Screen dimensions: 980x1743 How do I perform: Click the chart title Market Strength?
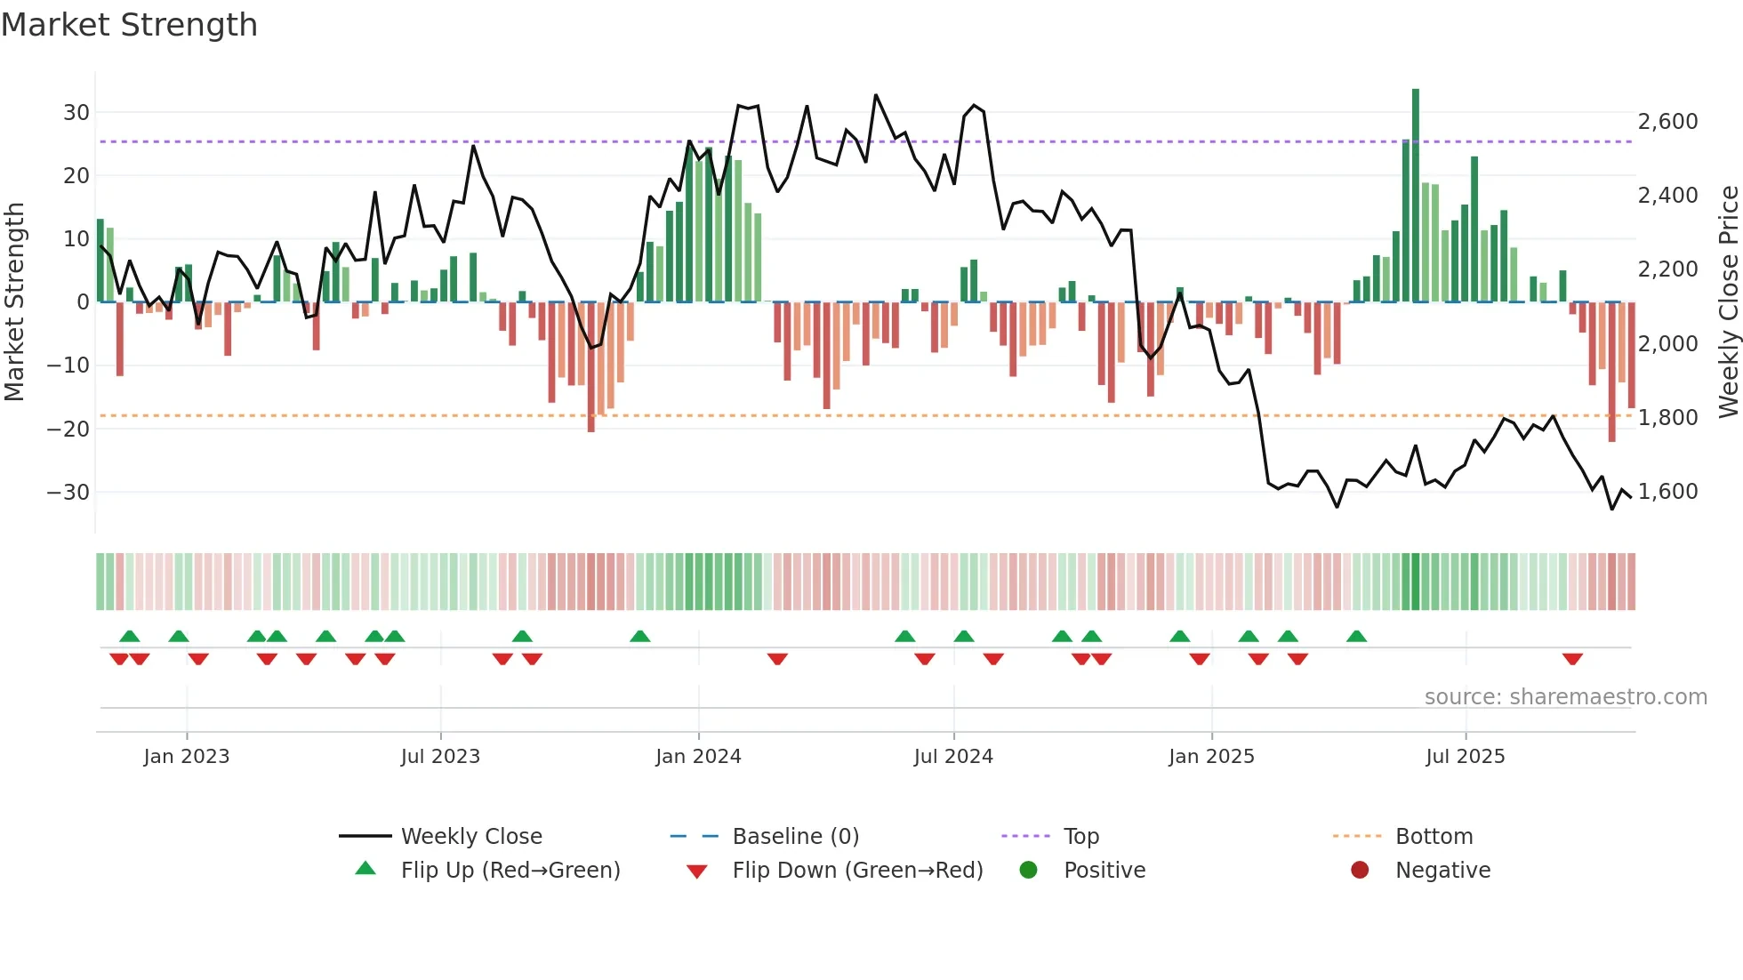pyautogui.click(x=129, y=25)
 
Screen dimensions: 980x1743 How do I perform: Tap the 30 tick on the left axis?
pyautogui.click(x=76, y=113)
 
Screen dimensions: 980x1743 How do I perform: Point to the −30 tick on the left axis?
pyautogui.click(x=68, y=492)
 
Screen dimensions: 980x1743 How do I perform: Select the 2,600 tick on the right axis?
pyautogui.click(x=1667, y=122)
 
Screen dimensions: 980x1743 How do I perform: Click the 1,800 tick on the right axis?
pyautogui.click(x=1667, y=417)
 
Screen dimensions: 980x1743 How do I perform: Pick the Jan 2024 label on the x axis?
pyautogui.click(x=698, y=757)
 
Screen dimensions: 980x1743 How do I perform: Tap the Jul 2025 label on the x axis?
pyautogui.click(x=1465, y=757)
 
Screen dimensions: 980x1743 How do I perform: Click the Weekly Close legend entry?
pyautogui.click(x=470, y=837)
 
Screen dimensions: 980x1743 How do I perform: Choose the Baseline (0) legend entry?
pyautogui.click(x=795, y=837)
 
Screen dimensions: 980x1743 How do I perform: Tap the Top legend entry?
pyautogui.click(x=1080, y=837)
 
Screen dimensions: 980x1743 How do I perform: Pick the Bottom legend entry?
pyautogui.click(x=1434, y=837)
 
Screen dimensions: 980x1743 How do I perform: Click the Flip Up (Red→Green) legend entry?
pyautogui.click(x=510, y=871)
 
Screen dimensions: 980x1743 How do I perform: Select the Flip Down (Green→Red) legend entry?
pyautogui.click(x=857, y=871)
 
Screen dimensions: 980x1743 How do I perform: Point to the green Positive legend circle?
pyautogui.click(x=1028, y=871)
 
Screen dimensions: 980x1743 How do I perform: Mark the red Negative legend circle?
pyautogui.click(x=1360, y=871)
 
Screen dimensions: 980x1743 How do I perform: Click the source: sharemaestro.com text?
pyautogui.click(x=1565, y=697)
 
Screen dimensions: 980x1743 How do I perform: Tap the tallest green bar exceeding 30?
pyautogui.click(x=1416, y=196)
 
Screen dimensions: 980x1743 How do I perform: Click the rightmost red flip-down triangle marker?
pyautogui.click(x=1572, y=659)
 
